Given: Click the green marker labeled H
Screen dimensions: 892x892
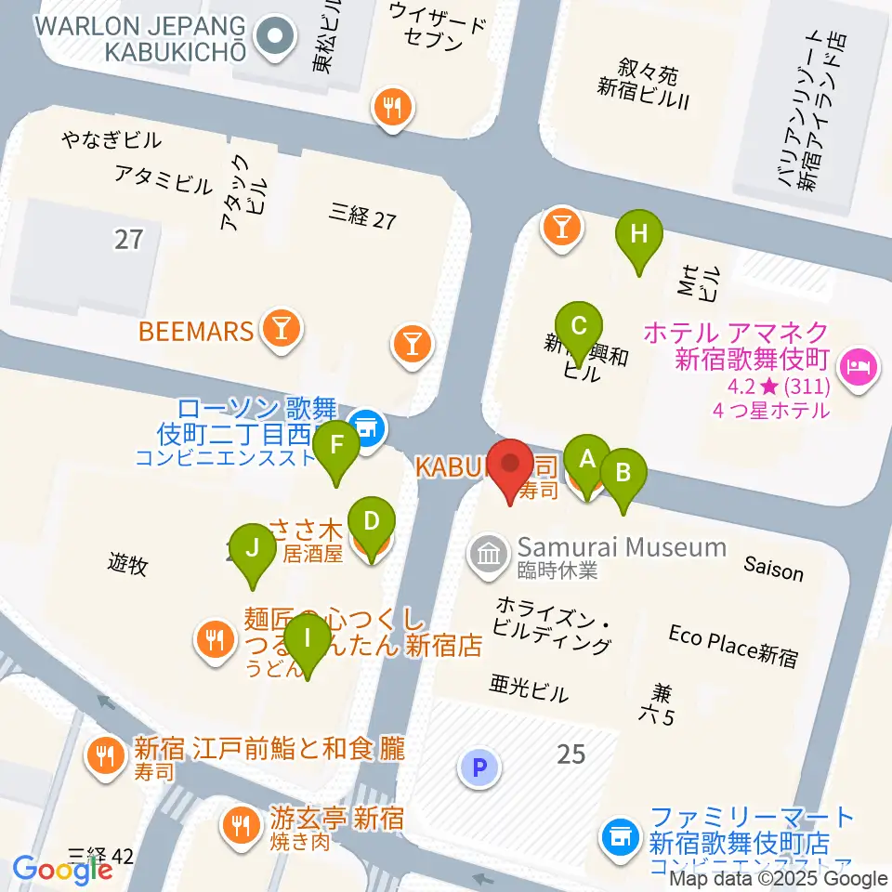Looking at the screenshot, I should (638, 235).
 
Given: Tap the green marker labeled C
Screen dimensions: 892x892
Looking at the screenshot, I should (579, 327).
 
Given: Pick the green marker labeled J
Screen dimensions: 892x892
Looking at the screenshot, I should (252, 547).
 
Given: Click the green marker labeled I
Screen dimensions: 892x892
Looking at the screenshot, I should (307, 638).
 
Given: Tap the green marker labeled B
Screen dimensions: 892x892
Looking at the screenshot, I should (623, 473).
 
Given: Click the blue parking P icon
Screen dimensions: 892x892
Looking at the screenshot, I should (479, 767).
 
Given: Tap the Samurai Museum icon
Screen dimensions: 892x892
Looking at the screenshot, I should (488, 555).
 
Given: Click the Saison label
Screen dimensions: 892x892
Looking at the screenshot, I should (773, 569).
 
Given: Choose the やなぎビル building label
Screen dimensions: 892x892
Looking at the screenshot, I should (111, 141).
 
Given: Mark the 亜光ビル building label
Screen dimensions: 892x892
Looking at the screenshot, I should (529, 689).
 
